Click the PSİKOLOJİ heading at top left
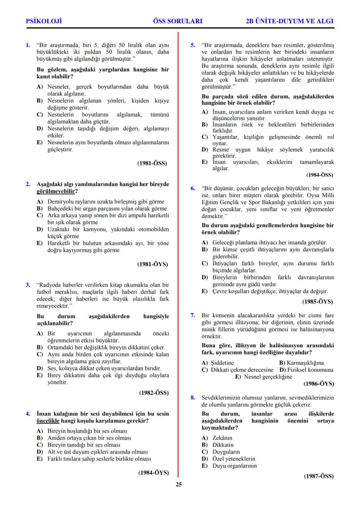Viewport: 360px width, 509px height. [44, 21]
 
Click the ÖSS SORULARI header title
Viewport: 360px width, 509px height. [178, 21]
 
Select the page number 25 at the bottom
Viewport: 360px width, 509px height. [179, 485]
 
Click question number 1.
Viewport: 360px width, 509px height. [28, 45]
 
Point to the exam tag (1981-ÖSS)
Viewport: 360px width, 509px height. [152, 163]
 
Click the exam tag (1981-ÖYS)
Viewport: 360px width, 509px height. [152, 264]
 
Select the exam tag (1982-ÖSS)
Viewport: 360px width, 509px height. [153, 393]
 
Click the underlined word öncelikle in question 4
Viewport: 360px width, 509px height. [51, 421]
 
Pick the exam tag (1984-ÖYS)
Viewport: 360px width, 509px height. [153, 472]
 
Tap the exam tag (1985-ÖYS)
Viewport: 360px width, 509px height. [317, 301]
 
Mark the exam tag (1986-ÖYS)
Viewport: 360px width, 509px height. [318, 383]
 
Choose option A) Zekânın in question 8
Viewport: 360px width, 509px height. [217, 438]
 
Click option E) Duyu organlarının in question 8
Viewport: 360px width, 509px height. [230, 466]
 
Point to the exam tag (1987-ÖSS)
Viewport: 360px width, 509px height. [319, 476]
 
